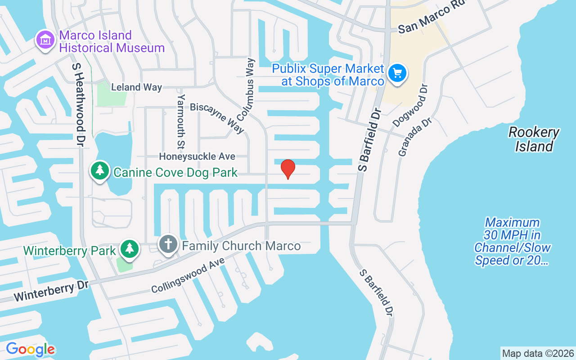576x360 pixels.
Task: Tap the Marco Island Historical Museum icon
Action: point(45,40)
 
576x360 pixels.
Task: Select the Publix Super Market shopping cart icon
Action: point(397,73)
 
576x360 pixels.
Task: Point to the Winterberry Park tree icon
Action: point(130,248)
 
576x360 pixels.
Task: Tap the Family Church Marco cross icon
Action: point(168,245)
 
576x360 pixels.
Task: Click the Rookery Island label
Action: point(534,139)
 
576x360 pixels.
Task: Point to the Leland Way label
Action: point(136,87)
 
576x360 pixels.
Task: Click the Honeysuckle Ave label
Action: point(197,157)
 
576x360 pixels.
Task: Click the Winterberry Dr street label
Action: point(51,292)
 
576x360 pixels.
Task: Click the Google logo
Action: point(30,349)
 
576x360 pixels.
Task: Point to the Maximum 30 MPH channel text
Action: point(512,241)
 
